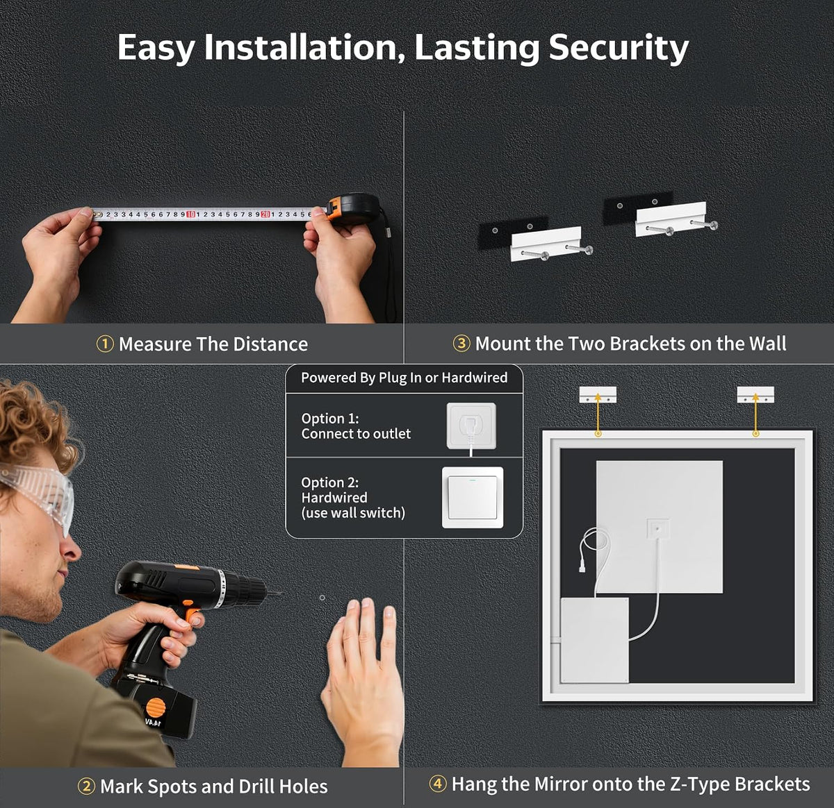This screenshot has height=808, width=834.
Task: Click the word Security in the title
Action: [x=619, y=49]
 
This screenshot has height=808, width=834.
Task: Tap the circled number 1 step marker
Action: [x=105, y=344]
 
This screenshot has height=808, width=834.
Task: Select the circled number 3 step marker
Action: [x=461, y=344]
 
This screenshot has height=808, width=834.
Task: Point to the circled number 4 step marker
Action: [x=438, y=784]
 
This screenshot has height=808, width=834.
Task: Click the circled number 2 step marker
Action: [x=86, y=786]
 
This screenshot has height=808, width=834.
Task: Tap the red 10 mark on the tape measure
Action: [x=190, y=214]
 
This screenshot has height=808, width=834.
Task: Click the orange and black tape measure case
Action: [x=353, y=208]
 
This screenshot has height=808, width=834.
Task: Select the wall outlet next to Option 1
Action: [x=471, y=426]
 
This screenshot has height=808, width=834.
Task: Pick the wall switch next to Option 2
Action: [x=473, y=497]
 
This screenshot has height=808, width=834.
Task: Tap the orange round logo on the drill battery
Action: [x=156, y=707]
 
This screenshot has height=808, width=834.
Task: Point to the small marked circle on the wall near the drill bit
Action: [x=322, y=598]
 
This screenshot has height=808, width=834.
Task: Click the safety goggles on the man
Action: [x=38, y=492]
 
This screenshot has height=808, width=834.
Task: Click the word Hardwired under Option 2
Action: [x=334, y=497]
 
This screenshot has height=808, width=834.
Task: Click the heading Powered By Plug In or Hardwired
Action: [x=404, y=378]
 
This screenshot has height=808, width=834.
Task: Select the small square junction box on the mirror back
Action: [x=658, y=529]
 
